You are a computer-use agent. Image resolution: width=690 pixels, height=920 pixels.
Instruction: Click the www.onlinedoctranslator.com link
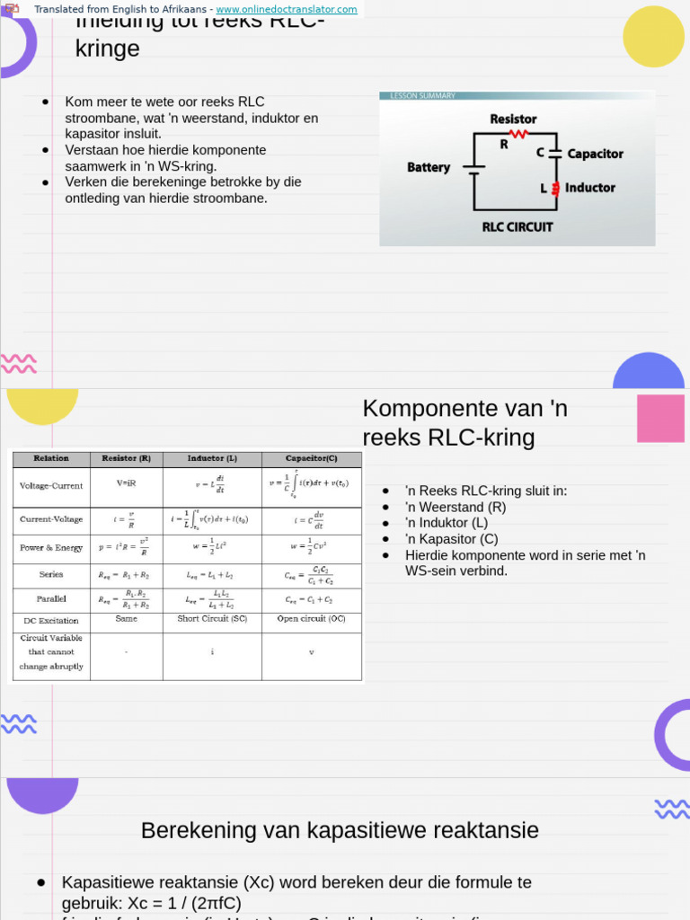(287, 9)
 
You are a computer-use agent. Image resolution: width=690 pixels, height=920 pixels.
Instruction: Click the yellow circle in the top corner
(653, 37)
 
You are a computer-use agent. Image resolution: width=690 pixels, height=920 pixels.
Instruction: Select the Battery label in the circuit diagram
(429, 167)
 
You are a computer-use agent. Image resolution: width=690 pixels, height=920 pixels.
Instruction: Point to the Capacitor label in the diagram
(595, 154)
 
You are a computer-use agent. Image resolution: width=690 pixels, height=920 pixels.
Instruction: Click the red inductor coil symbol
(556, 188)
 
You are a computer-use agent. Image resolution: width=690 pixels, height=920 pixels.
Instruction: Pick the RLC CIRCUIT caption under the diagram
(517, 226)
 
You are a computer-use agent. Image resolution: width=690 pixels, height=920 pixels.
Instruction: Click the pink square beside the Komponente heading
(660, 418)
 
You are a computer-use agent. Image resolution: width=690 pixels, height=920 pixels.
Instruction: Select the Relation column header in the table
(51, 458)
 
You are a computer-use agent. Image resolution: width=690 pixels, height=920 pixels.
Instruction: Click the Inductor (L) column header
(212, 458)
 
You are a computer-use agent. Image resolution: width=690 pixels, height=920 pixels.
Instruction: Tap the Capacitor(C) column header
(312, 458)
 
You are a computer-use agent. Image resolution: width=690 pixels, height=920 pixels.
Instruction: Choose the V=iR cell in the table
(127, 482)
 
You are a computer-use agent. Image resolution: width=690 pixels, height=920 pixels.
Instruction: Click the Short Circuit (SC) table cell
(212, 619)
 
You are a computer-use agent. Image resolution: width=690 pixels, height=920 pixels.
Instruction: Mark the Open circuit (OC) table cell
(312, 619)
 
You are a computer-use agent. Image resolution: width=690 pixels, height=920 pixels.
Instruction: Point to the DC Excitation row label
(51, 620)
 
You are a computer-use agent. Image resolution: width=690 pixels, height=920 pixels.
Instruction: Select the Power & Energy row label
(51, 547)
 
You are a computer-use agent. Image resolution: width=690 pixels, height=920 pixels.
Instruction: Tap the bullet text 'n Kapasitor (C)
(451, 539)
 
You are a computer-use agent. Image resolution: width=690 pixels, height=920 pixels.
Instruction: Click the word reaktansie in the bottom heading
(486, 831)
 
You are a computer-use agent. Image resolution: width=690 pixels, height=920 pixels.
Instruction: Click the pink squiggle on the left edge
(18, 363)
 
